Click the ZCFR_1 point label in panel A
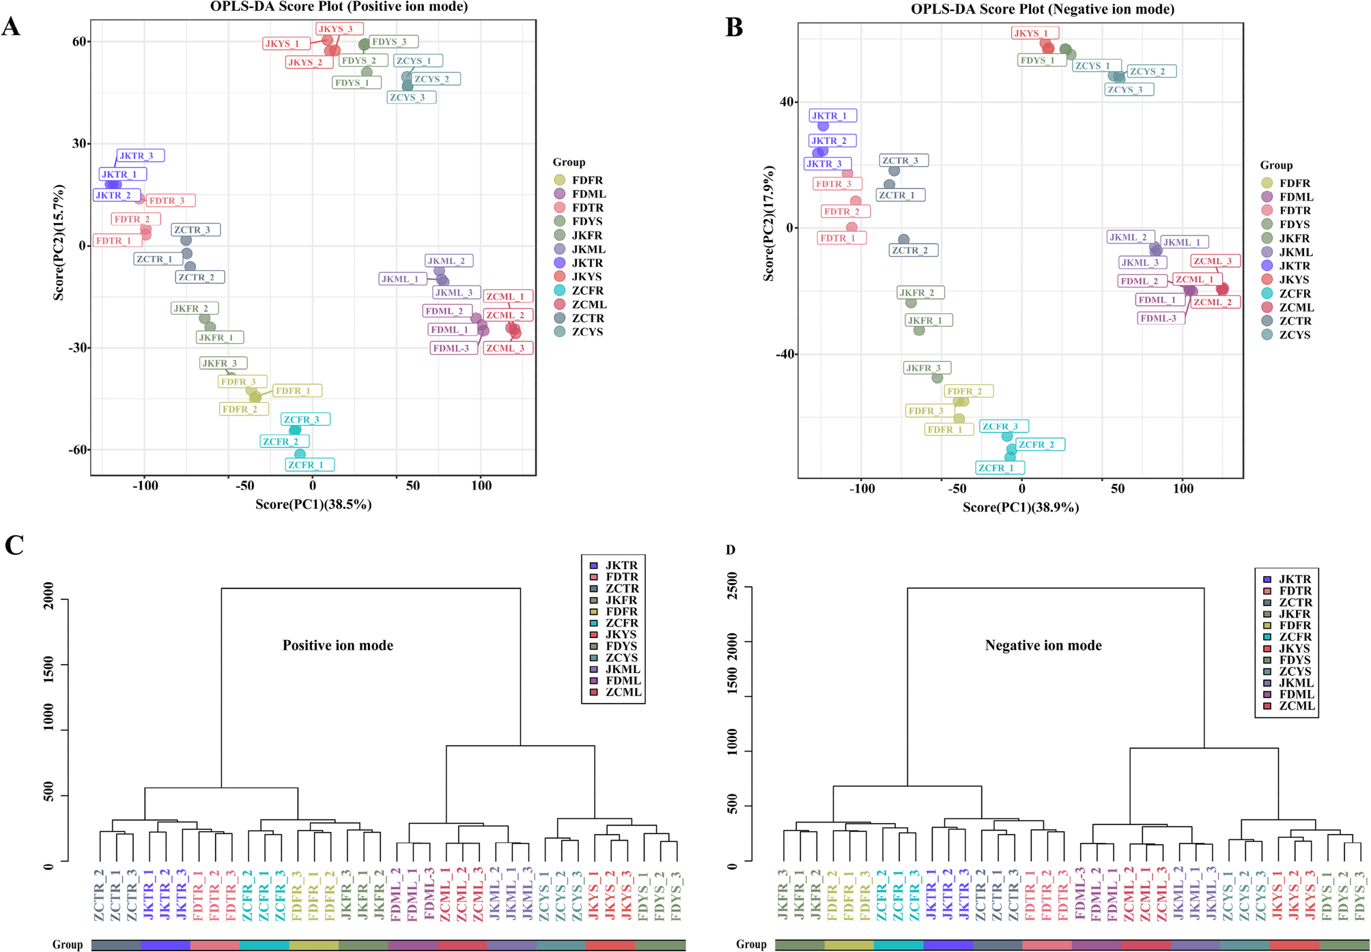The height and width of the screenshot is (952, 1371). pos(310,465)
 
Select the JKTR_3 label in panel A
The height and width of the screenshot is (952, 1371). pos(140,156)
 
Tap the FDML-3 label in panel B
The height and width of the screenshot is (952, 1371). pos(1161,318)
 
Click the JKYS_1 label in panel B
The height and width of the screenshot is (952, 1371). pos(1034,33)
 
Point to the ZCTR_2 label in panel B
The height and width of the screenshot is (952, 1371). pos(914,250)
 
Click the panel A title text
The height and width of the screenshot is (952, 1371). pos(339,7)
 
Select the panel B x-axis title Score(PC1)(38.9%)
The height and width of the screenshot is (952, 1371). pos(1021,507)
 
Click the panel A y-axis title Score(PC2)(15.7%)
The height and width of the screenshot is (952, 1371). pos(59,242)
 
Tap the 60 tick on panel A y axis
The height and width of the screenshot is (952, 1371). pos(79,42)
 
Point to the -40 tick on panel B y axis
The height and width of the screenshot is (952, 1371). pos(785,354)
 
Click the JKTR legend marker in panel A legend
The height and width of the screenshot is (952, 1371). pos(560,263)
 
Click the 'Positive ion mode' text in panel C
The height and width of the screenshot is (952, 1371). pos(338,646)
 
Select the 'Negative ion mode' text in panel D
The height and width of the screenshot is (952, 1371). pos(1043,646)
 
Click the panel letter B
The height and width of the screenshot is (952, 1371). pos(734,27)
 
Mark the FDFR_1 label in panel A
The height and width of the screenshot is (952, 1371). pos(297,391)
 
